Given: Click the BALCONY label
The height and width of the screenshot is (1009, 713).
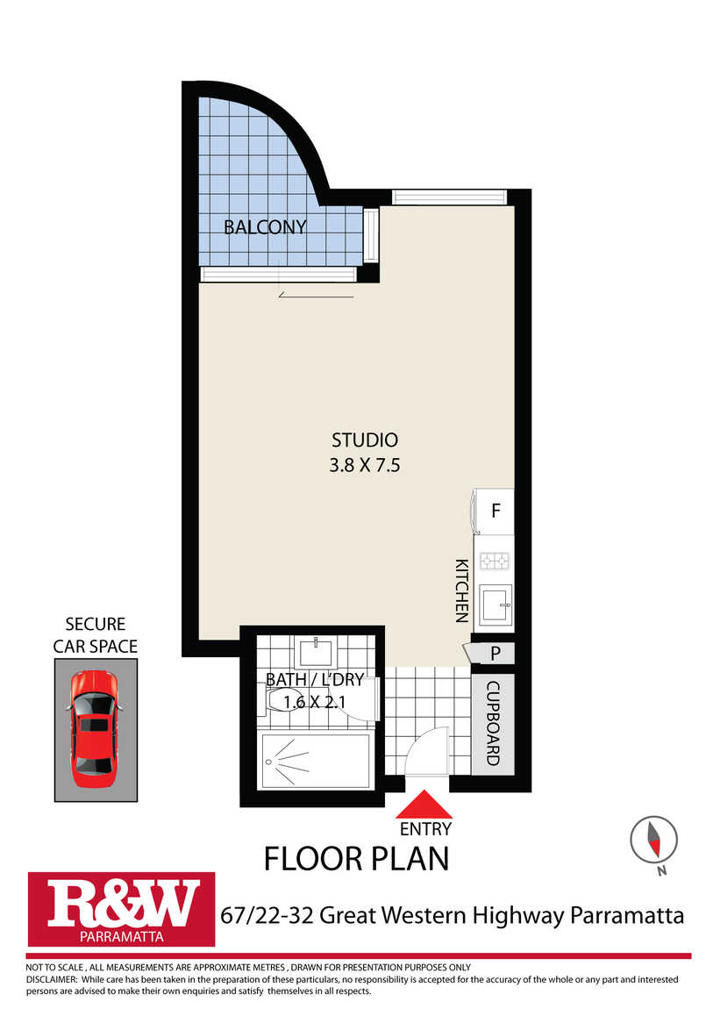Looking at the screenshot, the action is click(265, 227).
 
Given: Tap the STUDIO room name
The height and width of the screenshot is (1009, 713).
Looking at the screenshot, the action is click(365, 440).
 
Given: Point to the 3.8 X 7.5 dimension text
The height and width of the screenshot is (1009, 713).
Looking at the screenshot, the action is click(365, 465).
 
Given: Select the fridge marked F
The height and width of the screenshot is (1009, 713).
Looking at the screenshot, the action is click(493, 511).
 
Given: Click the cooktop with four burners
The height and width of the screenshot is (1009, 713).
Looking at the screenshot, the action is click(495, 562).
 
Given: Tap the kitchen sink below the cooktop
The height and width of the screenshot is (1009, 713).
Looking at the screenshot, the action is click(496, 605).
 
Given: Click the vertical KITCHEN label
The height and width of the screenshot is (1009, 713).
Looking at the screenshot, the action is click(461, 590).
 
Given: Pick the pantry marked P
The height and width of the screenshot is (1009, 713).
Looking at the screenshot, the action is click(492, 653).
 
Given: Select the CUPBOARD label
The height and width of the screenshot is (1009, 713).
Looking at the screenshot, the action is click(493, 723).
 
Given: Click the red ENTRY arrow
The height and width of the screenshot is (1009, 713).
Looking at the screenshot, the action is click(425, 805).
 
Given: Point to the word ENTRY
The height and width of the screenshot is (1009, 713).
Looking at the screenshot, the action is click(425, 829).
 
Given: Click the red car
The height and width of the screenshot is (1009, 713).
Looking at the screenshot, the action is click(95, 729).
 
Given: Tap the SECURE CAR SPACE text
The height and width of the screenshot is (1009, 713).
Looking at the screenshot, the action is click(95, 635).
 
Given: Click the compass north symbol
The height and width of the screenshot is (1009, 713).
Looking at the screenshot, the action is click(654, 840).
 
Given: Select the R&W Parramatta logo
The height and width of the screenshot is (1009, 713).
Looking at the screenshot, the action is click(122, 909).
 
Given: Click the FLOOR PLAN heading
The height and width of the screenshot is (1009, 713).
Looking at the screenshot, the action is click(356, 860).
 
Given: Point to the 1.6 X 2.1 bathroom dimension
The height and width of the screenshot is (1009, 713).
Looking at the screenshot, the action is click(315, 702).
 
